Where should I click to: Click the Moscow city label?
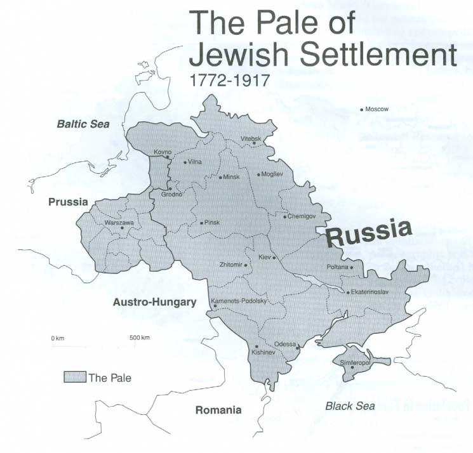[x=376, y=109]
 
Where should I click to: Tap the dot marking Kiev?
[x=274, y=258]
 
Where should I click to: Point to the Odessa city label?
[x=285, y=344]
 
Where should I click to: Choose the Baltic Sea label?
[x=83, y=124]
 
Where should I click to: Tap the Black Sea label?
[x=349, y=406]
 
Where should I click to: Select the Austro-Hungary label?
[x=154, y=303]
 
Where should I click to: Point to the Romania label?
[x=218, y=410]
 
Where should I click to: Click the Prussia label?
[x=67, y=202]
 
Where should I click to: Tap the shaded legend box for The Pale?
[x=74, y=377]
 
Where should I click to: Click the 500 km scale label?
[x=139, y=338]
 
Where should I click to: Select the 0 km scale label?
[x=58, y=338]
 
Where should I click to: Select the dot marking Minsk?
[x=220, y=177]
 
